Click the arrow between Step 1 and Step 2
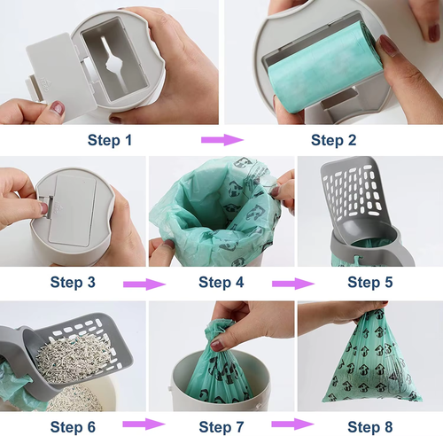tap(221, 139)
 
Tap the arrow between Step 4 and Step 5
tap(293, 283)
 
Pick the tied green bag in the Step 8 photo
tap(368, 368)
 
